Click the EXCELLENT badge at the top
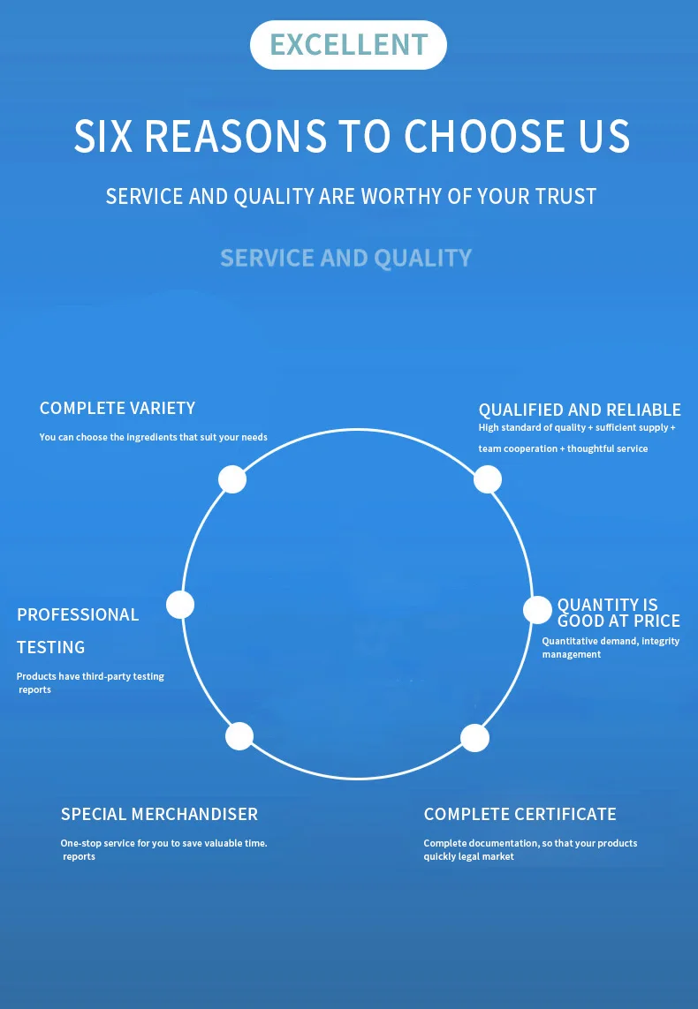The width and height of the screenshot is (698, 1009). (x=348, y=44)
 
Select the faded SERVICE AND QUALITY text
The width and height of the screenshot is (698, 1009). (x=346, y=258)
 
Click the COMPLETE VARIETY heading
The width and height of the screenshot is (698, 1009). (x=118, y=408)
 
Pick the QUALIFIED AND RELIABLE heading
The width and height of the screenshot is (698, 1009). (x=580, y=410)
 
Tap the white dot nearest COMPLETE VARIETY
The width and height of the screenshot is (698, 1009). (x=232, y=479)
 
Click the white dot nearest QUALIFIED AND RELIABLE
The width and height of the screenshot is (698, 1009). (x=488, y=479)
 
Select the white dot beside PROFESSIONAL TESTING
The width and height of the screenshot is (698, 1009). (x=180, y=605)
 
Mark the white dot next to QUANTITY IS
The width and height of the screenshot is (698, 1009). (x=537, y=610)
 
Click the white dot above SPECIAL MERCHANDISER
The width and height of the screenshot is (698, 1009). (x=239, y=736)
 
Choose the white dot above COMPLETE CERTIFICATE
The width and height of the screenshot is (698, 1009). (x=475, y=738)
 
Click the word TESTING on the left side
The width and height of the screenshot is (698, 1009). (x=51, y=647)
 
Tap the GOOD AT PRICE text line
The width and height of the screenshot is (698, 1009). (x=618, y=621)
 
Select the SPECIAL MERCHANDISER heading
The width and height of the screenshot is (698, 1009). (x=159, y=814)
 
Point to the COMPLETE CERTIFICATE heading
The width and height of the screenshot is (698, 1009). (x=520, y=814)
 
